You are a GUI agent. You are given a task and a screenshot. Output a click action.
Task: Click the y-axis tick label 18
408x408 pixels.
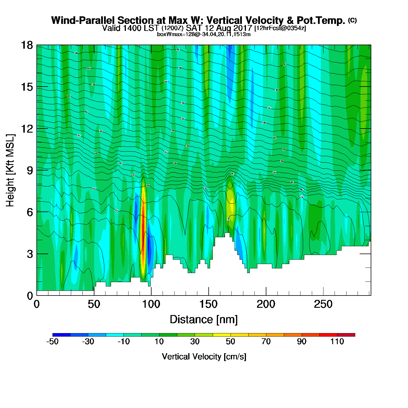[27, 45]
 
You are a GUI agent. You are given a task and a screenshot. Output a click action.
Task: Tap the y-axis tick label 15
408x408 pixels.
[27, 87]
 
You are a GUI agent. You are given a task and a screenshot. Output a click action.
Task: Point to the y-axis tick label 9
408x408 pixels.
[30, 170]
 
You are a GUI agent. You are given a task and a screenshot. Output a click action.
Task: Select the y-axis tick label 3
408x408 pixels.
[30, 254]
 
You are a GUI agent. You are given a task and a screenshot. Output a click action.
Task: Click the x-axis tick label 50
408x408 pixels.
[94, 305]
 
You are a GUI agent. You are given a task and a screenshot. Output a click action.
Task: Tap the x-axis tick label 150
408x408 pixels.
[208, 305]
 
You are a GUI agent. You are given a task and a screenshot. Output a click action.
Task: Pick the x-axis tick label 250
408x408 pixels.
[323, 305]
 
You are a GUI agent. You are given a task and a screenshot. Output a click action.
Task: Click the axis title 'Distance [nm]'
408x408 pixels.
[204, 320]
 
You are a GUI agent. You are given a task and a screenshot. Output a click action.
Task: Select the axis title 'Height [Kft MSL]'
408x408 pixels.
[10, 170]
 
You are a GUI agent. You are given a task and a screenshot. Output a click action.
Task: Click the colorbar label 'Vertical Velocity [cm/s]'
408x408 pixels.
[204, 356]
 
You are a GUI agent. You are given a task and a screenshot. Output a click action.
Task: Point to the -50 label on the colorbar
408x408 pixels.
[52, 342]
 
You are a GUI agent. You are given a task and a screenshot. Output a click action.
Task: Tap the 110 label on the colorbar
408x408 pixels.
[337, 342]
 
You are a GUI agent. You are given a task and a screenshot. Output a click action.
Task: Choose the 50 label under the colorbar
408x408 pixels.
[231, 342]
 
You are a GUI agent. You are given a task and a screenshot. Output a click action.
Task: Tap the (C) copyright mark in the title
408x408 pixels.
[352, 20]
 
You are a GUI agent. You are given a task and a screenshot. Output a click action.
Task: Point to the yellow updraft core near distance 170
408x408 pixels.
[231, 204]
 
